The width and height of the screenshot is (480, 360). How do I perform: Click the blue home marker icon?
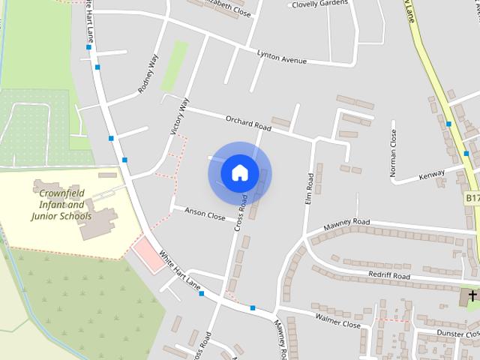click(x=239, y=172)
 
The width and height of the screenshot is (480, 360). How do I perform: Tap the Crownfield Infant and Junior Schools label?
click(x=61, y=200)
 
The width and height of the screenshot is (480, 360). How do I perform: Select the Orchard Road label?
click(x=248, y=122)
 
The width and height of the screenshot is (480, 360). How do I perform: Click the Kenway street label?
click(x=431, y=174)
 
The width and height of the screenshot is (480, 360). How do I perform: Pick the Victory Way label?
click(x=180, y=116)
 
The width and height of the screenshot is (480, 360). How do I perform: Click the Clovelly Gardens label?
click(x=319, y=4)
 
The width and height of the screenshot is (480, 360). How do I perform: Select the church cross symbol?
click(x=472, y=297)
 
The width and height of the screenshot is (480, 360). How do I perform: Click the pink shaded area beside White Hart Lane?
click(x=147, y=254)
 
